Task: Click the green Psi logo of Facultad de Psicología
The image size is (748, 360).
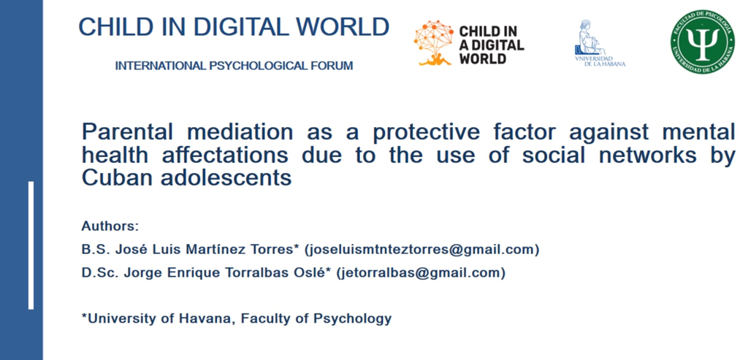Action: pyautogui.click(x=702, y=42)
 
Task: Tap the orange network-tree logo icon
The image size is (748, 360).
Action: pyautogui.click(x=433, y=43)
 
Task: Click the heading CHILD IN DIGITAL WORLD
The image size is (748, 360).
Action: pyautogui.click(x=234, y=27)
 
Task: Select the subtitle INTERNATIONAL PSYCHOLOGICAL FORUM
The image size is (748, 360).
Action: pyautogui.click(x=234, y=66)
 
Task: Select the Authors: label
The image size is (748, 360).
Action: pyautogui.click(x=110, y=226)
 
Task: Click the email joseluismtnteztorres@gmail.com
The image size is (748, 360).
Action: pyautogui.click(x=421, y=250)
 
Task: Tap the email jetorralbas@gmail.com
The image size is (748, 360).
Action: pyautogui.click(x=421, y=274)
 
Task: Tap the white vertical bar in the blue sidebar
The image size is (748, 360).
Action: pyautogui.click(x=31, y=245)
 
